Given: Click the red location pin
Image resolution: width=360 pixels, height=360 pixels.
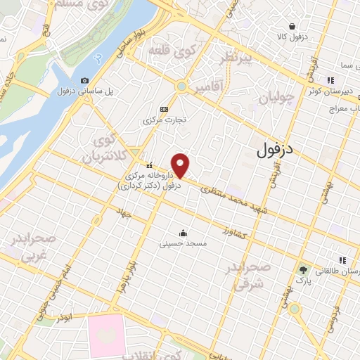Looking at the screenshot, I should tap(181, 165).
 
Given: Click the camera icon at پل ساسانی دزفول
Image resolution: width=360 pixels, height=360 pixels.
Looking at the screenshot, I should tap(84, 81).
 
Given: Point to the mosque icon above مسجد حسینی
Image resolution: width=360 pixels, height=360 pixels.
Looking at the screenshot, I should tap(183, 233).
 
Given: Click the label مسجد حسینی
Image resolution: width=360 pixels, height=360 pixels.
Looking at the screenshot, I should tap(183, 244).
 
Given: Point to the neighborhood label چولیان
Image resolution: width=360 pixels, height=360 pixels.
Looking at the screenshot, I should tap(273, 99).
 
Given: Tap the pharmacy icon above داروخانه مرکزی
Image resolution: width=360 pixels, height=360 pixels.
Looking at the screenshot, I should tap(148, 166).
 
